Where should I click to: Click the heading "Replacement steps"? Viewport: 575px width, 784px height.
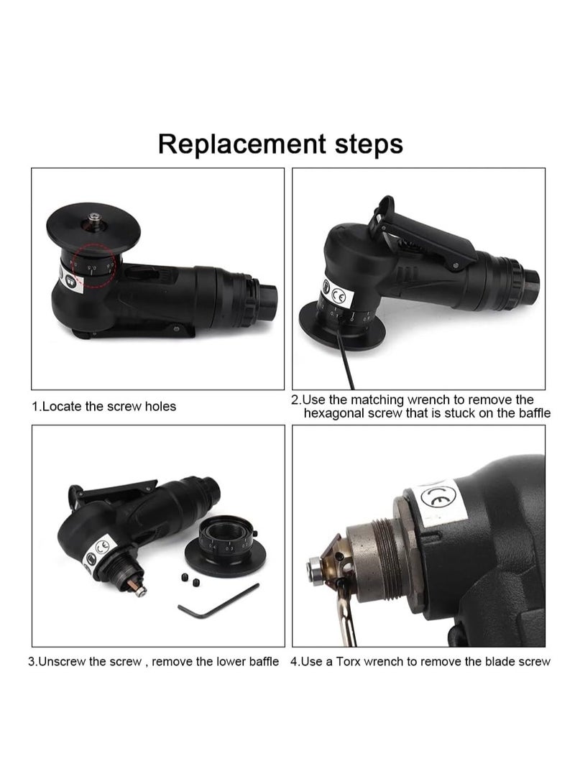[x=280, y=144]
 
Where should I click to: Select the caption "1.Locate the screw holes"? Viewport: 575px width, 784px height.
[x=104, y=407]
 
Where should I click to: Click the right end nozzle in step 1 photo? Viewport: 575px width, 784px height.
[x=269, y=293]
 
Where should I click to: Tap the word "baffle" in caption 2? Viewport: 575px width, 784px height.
[x=533, y=413]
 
